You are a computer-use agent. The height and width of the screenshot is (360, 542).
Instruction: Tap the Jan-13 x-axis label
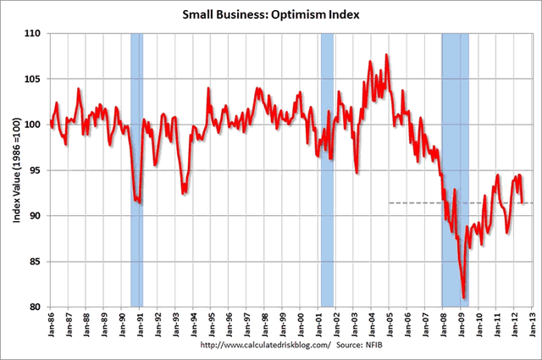(x=530, y=325)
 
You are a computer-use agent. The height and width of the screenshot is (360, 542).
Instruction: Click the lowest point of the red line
(x=464, y=297)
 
